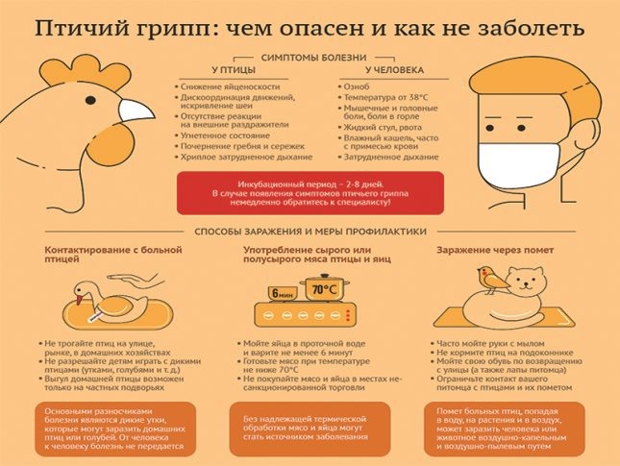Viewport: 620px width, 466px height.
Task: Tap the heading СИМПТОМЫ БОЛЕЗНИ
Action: (x=309, y=58)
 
